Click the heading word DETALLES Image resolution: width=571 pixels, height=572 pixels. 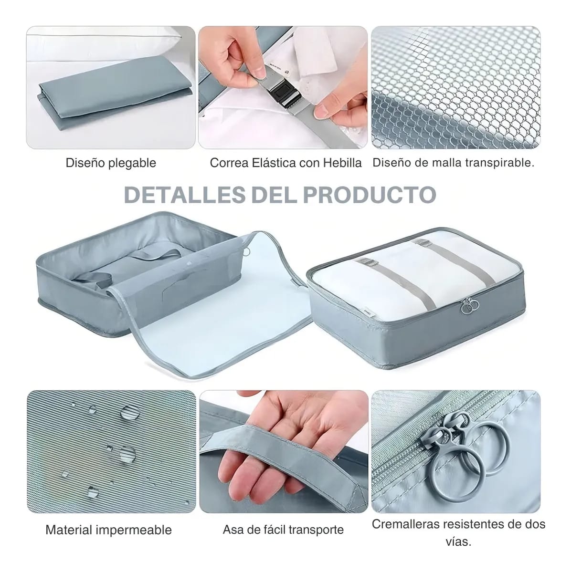click(x=185, y=195)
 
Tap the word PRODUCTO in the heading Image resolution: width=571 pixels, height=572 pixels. click(x=370, y=195)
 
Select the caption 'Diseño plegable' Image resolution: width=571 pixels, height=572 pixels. click(x=111, y=163)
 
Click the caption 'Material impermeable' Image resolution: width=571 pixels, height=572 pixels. click(x=108, y=530)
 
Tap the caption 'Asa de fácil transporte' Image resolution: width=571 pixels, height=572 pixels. click(x=283, y=530)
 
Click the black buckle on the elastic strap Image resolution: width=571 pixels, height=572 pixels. click(x=282, y=95)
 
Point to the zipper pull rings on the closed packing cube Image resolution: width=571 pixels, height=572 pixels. click(x=469, y=306)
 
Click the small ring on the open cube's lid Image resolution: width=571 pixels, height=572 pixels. click(x=247, y=252)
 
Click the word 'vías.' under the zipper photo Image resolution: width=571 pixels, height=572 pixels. click(x=458, y=541)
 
